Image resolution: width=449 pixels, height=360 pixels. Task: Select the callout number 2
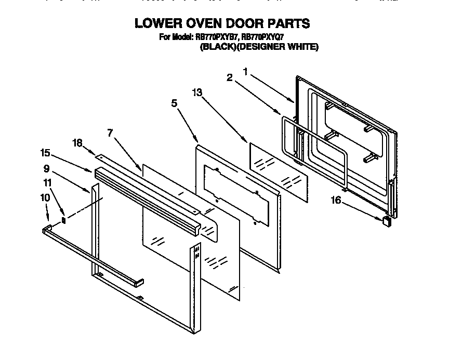point(229,78)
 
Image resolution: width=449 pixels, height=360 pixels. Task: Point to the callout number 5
point(175,103)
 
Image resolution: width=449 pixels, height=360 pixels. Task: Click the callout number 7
point(110,134)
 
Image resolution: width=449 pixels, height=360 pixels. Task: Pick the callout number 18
point(77,142)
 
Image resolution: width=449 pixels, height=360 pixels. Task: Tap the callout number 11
point(47,182)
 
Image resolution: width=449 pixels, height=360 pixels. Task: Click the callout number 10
point(45,197)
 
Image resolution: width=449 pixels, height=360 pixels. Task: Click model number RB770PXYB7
point(217,36)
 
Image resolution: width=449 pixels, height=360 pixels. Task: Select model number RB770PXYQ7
point(265,36)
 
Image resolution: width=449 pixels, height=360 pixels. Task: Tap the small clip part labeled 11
point(64,219)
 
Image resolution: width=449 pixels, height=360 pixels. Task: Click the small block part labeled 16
point(387,221)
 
